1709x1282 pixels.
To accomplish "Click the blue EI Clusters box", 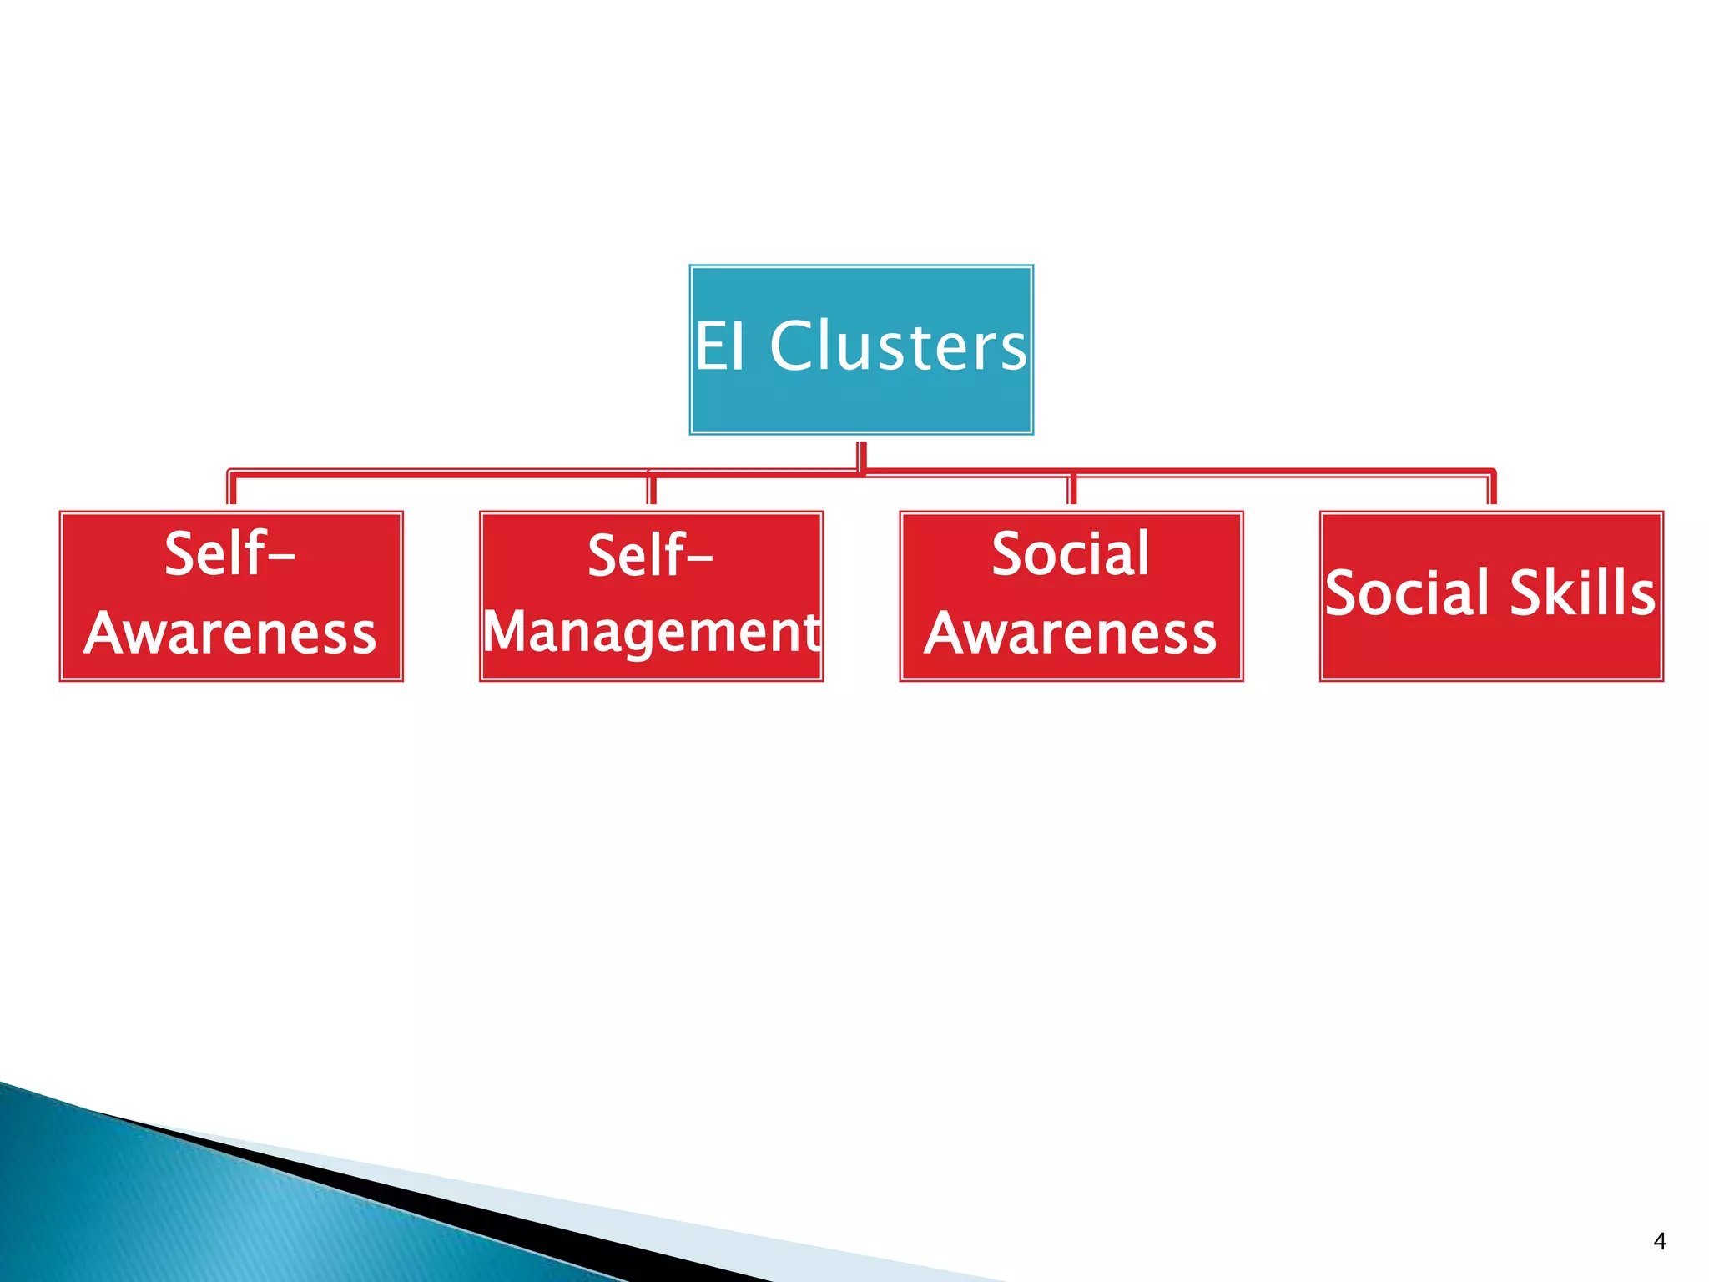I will [861, 401].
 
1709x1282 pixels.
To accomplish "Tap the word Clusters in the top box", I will [898, 346].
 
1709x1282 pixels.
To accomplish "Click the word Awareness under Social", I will [1071, 633].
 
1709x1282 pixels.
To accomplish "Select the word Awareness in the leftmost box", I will [231, 633].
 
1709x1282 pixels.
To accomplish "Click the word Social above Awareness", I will [1071, 553].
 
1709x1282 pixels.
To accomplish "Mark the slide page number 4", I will [1659, 1241].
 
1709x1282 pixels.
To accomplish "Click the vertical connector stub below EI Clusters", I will [862, 456].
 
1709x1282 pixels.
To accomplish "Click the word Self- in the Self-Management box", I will [649, 555].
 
